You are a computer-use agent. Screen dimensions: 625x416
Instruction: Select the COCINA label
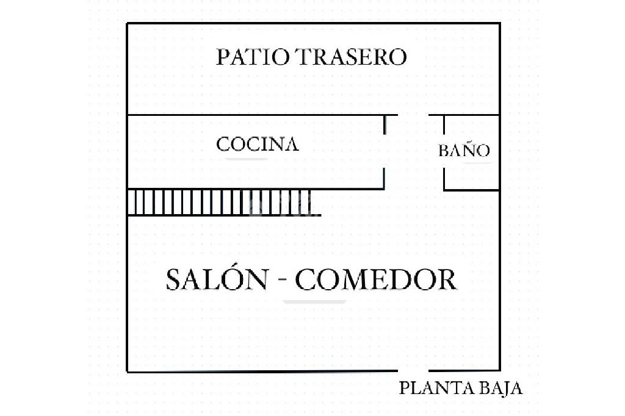click(258, 145)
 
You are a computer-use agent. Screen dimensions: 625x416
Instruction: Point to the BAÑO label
click(464, 151)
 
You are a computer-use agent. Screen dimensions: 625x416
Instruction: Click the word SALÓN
click(217, 280)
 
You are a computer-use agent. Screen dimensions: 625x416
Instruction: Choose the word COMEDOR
click(376, 280)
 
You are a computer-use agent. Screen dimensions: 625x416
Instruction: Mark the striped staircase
click(223, 203)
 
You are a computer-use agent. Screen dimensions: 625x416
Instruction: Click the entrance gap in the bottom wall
click(413, 370)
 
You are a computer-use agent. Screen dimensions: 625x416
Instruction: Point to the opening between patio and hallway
click(413, 115)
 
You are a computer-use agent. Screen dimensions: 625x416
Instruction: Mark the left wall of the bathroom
click(444, 152)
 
